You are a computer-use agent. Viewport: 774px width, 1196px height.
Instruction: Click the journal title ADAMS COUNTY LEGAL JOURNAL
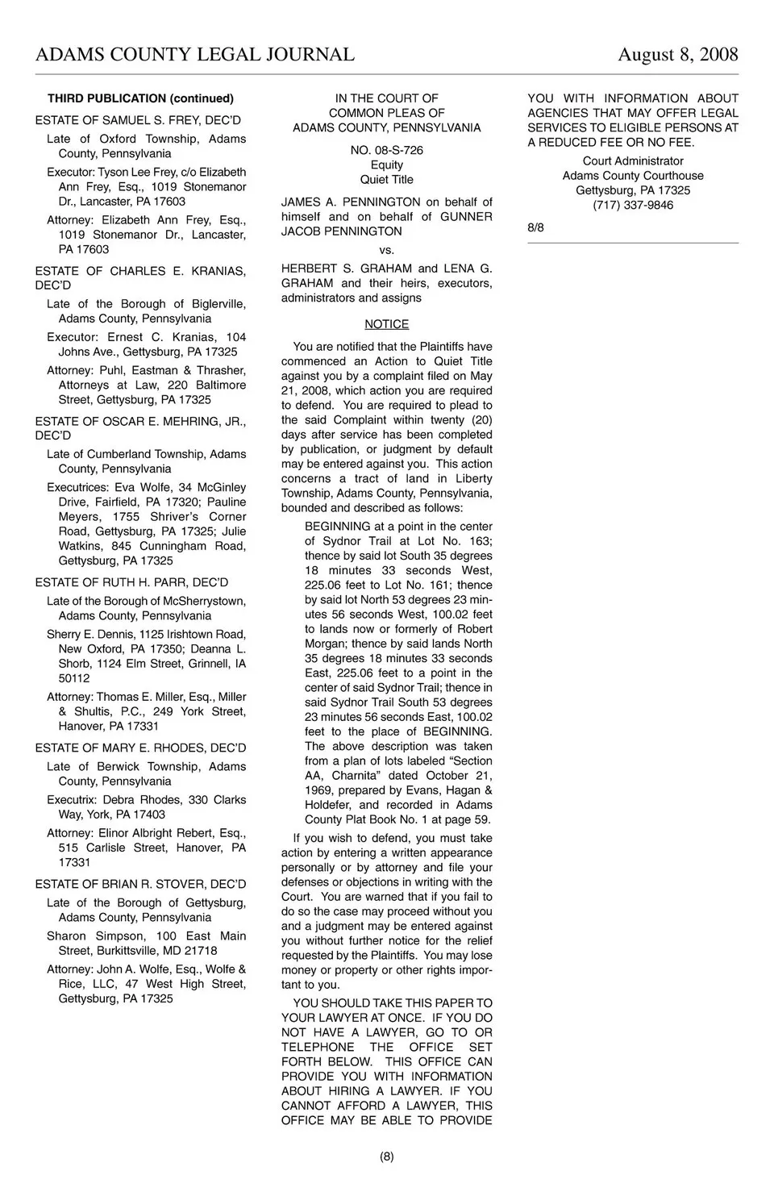[195, 55]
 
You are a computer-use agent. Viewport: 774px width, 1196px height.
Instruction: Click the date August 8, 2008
[677, 55]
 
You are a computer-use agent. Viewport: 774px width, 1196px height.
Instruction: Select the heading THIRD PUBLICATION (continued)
[140, 98]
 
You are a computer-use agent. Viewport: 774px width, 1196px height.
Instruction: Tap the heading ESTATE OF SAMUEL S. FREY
[138, 120]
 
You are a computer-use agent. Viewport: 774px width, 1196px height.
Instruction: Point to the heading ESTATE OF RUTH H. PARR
[131, 582]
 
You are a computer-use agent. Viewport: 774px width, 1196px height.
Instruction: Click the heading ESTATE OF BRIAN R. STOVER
[140, 884]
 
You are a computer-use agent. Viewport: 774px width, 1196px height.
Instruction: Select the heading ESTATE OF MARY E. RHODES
[140, 748]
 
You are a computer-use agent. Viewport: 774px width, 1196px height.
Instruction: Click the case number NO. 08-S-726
[386, 150]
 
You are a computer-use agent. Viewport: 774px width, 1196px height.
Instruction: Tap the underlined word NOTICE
[386, 324]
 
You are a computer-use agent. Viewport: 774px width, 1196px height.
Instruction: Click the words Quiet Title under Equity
[386, 180]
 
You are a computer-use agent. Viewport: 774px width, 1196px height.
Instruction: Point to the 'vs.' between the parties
[386, 250]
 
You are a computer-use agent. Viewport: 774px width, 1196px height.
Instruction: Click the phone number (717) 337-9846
[633, 205]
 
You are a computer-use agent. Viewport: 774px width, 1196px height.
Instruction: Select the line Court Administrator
[633, 161]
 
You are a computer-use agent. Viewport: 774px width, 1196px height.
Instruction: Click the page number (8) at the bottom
[386, 1156]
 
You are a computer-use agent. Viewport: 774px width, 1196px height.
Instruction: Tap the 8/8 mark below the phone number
[535, 227]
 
